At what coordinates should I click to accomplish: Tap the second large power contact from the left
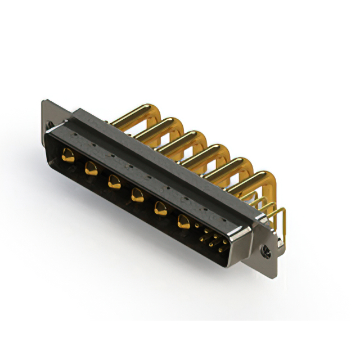pyautogui.click(x=91, y=168)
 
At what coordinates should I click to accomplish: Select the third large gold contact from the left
pyautogui.click(x=114, y=181)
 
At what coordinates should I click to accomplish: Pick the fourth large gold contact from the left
pyautogui.click(x=137, y=195)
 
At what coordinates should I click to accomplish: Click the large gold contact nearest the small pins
pyautogui.click(x=183, y=221)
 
